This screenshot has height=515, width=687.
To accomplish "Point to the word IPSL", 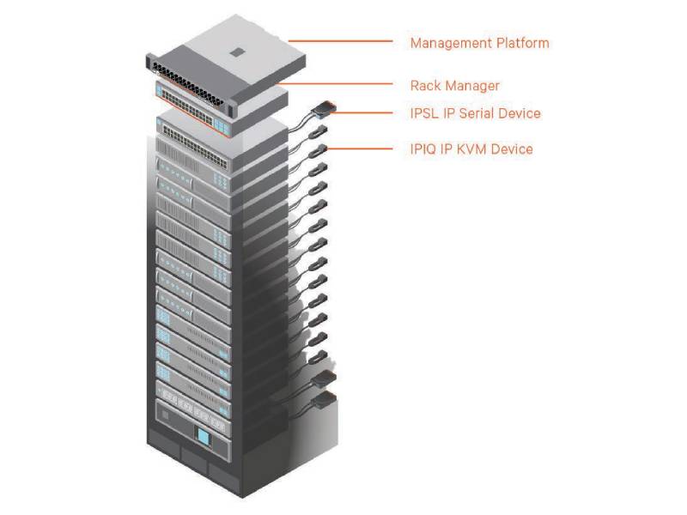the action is coord(424,113).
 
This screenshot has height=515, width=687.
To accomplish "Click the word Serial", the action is coord(477,113).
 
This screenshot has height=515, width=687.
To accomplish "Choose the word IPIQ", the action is coord(423,149).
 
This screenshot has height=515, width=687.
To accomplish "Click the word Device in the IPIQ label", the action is coord(512,149).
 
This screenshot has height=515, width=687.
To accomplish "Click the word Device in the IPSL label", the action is coord(520,113).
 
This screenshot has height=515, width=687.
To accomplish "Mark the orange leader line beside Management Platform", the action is coord(340,41).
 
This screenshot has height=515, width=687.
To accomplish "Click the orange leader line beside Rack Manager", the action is coord(336,83).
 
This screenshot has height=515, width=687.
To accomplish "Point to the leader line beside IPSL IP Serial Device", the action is coord(362,112).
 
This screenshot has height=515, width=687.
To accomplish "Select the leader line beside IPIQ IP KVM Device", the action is coord(359,148).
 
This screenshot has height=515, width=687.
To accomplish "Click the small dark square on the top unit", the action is coord(237,52).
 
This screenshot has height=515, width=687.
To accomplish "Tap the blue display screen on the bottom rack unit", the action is coord(204,437).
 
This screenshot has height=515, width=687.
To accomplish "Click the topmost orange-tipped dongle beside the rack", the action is coord(325,109).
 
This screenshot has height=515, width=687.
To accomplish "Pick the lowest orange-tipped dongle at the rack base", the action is coord(325,400).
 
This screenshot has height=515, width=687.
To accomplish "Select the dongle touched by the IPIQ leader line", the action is coord(319,151).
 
